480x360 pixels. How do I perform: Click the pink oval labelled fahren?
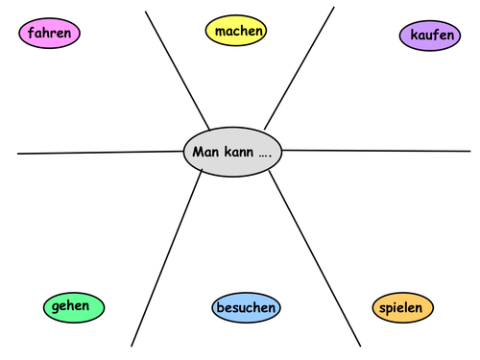click(x=50, y=34)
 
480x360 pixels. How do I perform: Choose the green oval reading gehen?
click(x=73, y=307)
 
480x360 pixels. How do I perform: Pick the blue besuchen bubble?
click(x=246, y=308)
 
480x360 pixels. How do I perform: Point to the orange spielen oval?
click(x=402, y=307)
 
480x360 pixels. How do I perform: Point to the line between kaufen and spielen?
click(x=384, y=150)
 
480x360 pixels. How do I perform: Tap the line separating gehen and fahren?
click(x=96, y=152)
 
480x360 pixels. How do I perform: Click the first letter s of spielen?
click(x=383, y=308)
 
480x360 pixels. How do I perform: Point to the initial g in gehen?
click(x=57, y=307)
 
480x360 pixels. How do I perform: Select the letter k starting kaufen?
click(x=414, y=36)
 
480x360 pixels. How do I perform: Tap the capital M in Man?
click(x=197, y=152)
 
